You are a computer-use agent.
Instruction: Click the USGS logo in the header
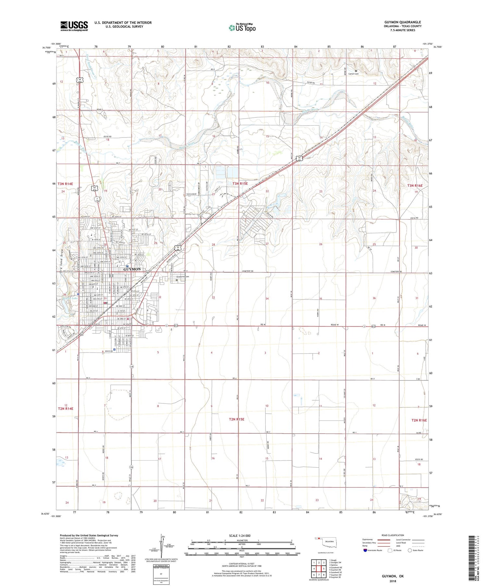coord(74,26)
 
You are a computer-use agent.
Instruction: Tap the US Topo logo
coord(242,28)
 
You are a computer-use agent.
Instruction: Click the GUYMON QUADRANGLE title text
coord(402,22)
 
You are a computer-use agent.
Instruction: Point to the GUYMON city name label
coord(132,269)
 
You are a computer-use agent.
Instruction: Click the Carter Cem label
coord(353,74)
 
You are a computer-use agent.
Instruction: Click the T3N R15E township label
coord(240,184)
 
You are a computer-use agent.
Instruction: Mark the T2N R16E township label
coord(419,420)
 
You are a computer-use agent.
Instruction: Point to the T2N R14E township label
coord(66,409)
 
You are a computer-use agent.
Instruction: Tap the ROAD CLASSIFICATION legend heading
coord(393,535)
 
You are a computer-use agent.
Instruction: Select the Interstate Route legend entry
coord(373,550)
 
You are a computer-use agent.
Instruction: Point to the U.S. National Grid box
coord(161,574)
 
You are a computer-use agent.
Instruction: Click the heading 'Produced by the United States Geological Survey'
coord(89,535)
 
